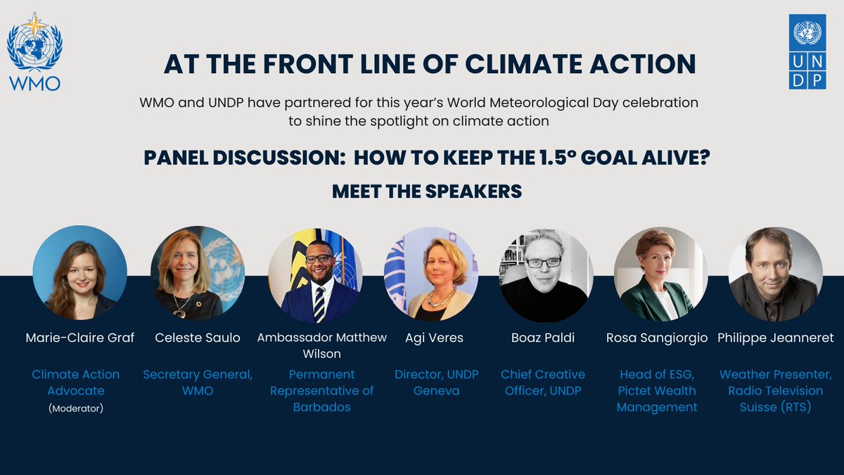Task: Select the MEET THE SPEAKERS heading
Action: tap(426, 191)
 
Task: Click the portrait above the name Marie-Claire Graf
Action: tap(79, 272)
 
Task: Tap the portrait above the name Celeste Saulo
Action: tap(197, 273)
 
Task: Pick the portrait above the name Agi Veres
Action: tap(430, 274)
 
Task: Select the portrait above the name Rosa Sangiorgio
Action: tap(660, 274)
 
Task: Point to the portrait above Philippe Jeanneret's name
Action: tap(775, 274)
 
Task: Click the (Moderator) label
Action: tap(75, 407)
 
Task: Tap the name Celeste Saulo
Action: tap(197, 338)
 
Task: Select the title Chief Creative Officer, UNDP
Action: tap(543, 382)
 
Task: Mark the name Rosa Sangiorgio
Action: tap(657, 338)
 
